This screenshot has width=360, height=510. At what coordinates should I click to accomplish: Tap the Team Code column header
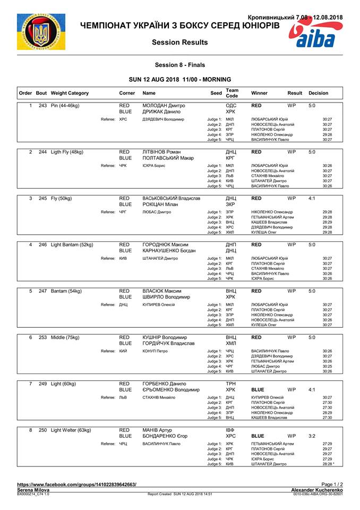(232, 93)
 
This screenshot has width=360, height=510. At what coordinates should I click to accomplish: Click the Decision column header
(318, 93)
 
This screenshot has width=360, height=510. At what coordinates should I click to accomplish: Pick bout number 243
(43, 106)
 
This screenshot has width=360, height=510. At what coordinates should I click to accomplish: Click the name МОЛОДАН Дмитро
(162, 106)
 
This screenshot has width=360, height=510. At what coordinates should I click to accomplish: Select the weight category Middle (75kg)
(69, 337)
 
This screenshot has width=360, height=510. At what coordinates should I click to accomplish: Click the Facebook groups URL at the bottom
(76, 484)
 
